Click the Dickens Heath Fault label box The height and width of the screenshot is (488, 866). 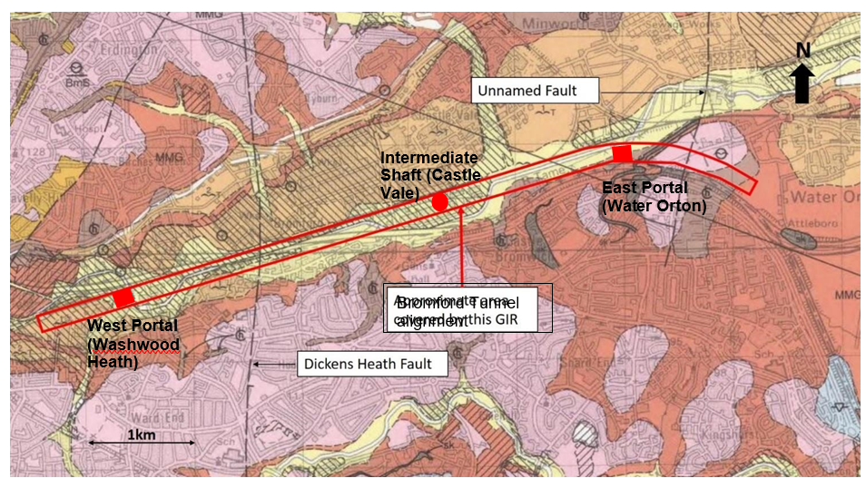[x=376, y=365]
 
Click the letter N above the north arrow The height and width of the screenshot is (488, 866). [x=802, y=50]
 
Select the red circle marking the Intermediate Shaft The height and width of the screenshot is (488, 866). [x=439, y=202]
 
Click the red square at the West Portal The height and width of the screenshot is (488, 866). [x=123, y=298]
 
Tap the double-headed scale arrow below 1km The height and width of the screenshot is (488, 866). [x=142, y=444]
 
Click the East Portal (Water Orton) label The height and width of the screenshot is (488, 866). [x=654, y=196]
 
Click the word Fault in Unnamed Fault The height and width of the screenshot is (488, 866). [x=579, y=91]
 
